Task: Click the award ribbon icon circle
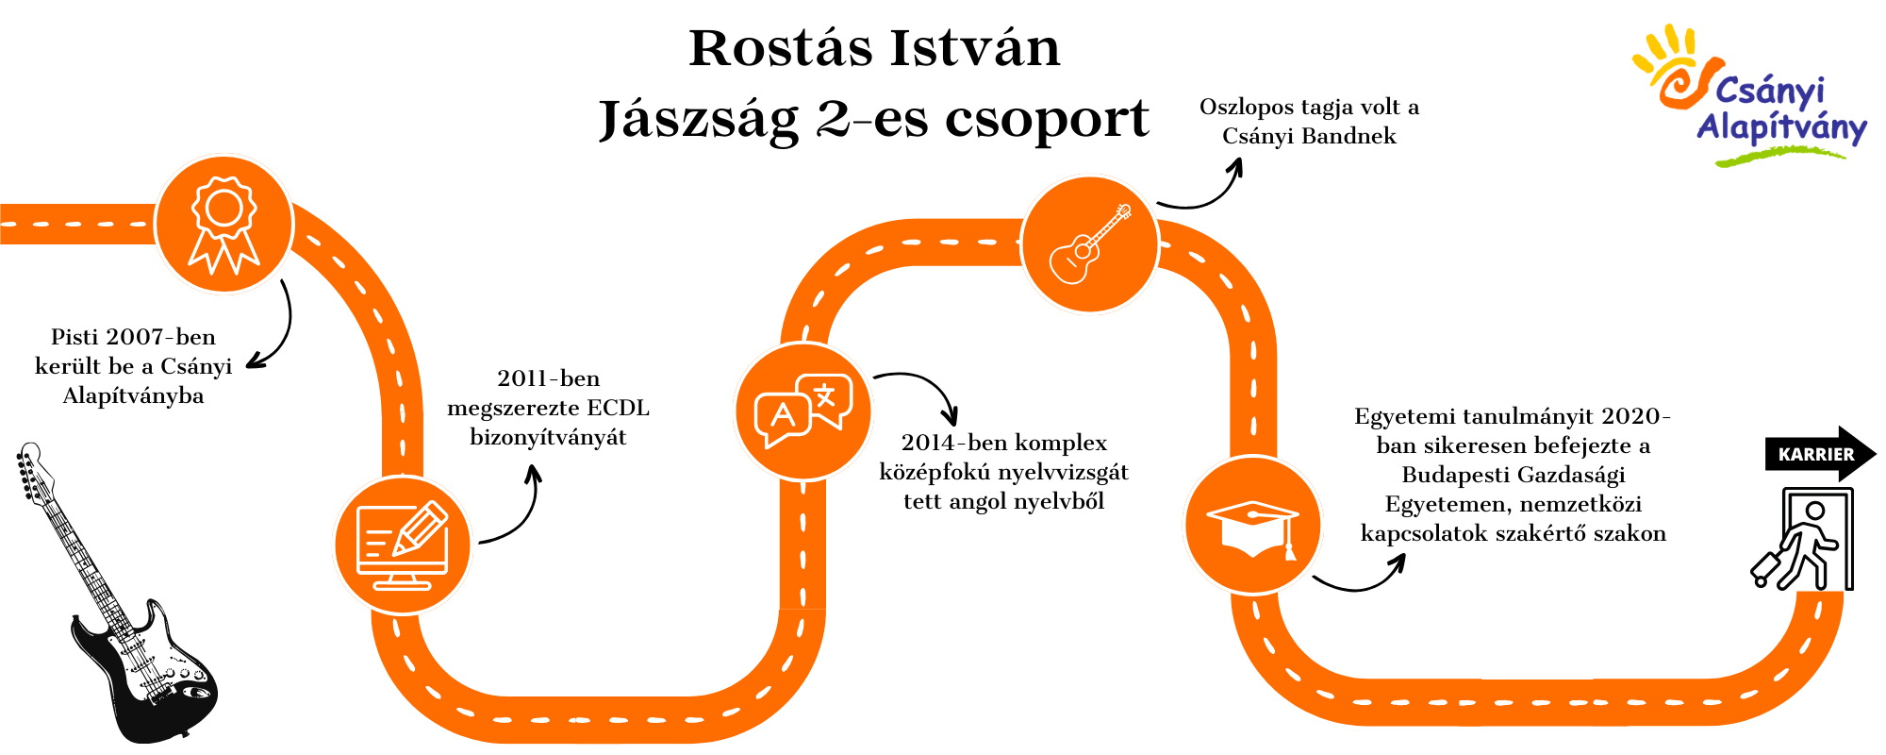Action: [224, 225]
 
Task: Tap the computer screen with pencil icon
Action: [403, 545]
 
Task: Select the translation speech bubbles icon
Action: [803, 411]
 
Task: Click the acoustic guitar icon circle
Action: [1090, 243]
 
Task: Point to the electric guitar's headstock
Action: [31, 465]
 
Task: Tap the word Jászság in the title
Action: [699, 120]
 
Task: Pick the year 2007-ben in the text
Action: [161, 337]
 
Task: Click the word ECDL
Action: [618, 408]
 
